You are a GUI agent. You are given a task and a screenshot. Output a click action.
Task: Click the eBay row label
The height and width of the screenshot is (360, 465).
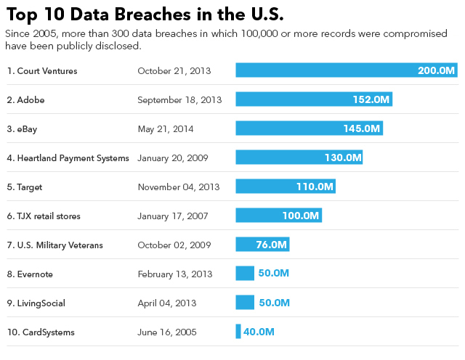22,128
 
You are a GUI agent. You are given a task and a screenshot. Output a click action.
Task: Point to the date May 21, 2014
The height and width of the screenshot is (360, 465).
166,128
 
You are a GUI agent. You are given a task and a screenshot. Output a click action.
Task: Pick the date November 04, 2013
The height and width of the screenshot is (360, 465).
178,187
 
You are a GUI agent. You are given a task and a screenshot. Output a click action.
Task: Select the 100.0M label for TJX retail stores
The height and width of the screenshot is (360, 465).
301,216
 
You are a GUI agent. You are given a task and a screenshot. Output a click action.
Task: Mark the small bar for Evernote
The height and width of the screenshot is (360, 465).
245,273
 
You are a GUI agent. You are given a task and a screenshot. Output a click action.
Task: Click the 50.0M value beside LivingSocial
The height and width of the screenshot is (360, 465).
274,303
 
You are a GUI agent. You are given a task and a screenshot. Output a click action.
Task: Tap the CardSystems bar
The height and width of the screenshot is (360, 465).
238,331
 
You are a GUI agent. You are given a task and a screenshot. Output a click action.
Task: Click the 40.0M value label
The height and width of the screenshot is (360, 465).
259,332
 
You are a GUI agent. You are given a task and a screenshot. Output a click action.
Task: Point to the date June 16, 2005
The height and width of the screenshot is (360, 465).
166,332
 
